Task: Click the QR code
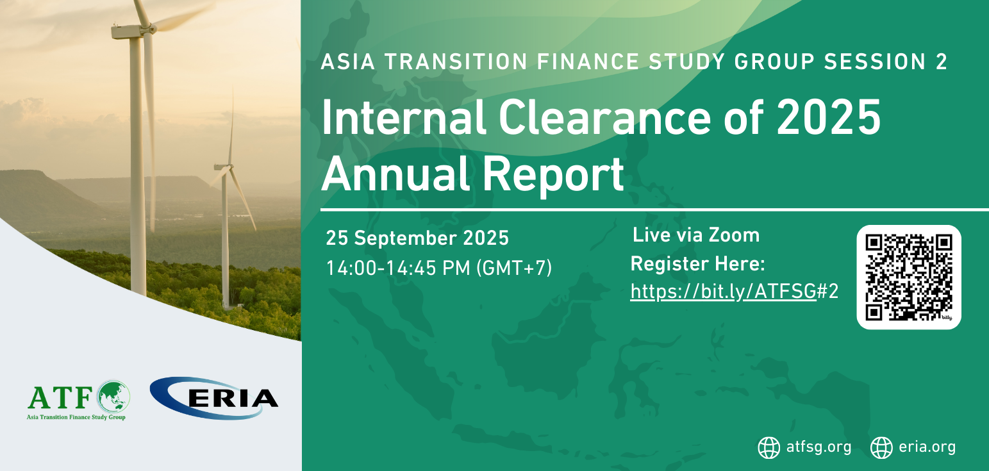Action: pyautogui.click(x=909, y=277)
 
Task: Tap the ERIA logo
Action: pyautogui.click(x=214, y=398)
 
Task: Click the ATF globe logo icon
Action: pyautogui.click(x=114, y=397)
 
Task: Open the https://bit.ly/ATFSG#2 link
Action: pyautogui.click(x=735, y=292)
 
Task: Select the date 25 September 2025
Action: pyautogui.click(x=417, y=238)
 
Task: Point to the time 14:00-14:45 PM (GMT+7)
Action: pyautogui.click(x=439, y=268)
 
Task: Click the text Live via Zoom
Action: pyautogui.click(x=696, y=235)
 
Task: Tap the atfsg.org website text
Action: pyautogui.click(x=819, y=447)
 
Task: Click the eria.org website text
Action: pyautogui.click(x=927, y=447)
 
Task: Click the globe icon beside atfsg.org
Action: pyautogui.click(x=769, y=447)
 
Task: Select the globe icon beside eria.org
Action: pyautogui.click(x=881, y=447)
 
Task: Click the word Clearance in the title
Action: pyautogui.click(x=604, y=118)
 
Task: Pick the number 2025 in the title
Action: pyautogui.click(x=829, y=117)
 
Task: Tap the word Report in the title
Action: pyautogui.click(x=553, y=176)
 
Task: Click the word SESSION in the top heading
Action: pyautogui.click(x=875, y=62)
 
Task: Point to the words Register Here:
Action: pyautogui.click(x=697, y=264)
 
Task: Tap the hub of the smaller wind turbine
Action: pyautogui.click(x=229, y=167)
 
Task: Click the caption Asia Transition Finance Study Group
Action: pyautogui.click(x=76, y=417)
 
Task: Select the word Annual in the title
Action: pyautogui.click(x=395, y=174)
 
